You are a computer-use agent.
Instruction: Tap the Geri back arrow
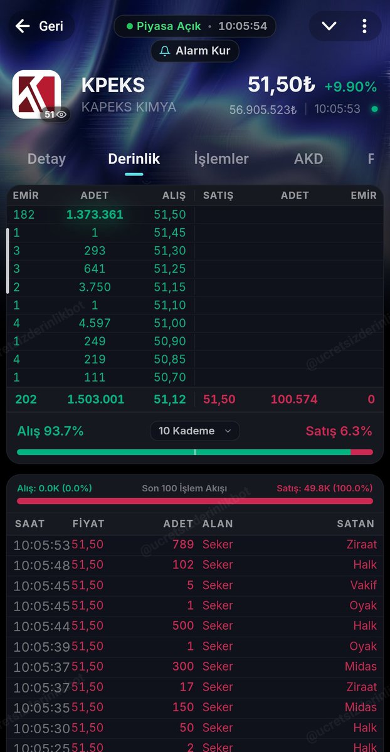pyautogui.click(x=23, y=26)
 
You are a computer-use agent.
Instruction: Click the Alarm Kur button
pyautogui.click(x=195, y=51)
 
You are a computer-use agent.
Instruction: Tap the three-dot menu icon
pyautogui.click(x=364, y=26)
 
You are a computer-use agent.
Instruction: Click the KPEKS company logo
pyautogui.click(x=36, y=95)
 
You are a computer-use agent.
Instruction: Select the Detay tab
pyautogui.click(x=46, y=159)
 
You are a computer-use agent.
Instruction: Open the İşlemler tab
pyautogui.click(x=221, y=159)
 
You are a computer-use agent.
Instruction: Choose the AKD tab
pyautogui.click(x=308, y=159)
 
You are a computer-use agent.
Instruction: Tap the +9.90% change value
pyautogui.click(x=350, y=87)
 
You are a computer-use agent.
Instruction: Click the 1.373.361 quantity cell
pyautogui.click(x=95, y=214)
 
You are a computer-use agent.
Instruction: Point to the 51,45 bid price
pyautogui.click(x=170, y=232)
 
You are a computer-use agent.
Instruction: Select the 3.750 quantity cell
pyautogui.click(x=95, y=287)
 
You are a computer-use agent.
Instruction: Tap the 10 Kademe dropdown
pyautogui.click(x=195, y=431)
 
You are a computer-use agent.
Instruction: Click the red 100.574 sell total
pyautogui.click(x=294, y=399)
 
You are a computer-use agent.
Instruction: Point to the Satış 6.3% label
pyautogui.click(x=339, y=431)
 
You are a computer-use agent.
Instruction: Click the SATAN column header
pyautogui.click(x=356, y=524)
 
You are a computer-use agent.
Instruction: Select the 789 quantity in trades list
pyautogui.click(x=183, y=544)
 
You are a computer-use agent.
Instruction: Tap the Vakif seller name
pyautogui.click(x=364, y=585)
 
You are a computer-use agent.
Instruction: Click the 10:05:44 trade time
pyautogui.click(x=41, y=626)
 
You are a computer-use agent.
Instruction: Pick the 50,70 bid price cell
pyautogui.click(x=170, y=378)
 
